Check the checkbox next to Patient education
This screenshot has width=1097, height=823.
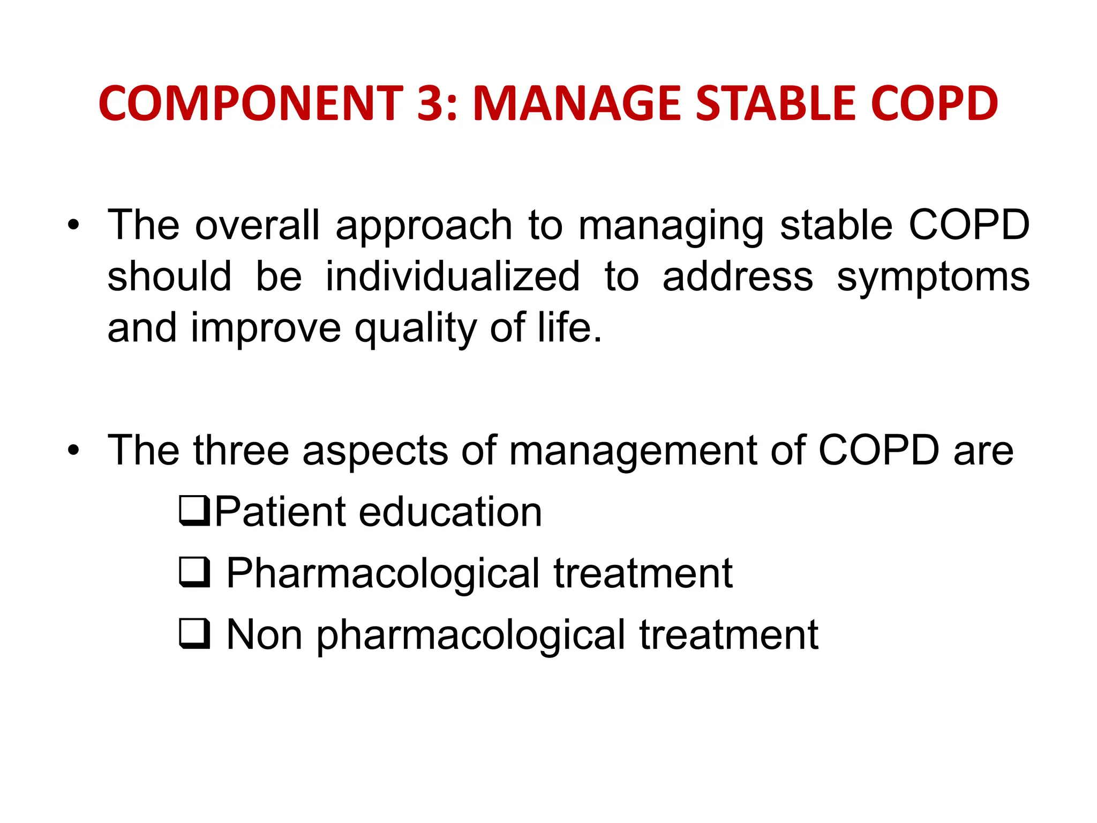point(194,511)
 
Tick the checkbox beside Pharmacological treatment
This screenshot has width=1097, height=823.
point(194,572)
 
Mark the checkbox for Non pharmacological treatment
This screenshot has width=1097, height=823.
point(194,634)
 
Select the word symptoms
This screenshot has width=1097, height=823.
point(933,278)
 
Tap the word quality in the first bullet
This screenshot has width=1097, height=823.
point(415,328)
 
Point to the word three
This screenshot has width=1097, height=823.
point(241,451)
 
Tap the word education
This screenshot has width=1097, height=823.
point(450,512)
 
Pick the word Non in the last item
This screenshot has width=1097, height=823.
point(264,635)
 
